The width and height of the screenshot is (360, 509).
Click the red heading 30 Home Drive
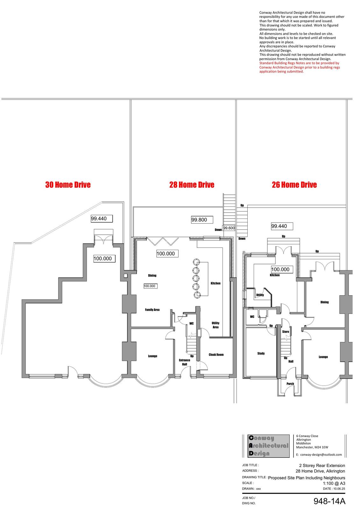pyautogui.click(x=68, y=185)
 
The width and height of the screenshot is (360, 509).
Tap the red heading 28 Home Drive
pyautogui.click(x=192, y=185)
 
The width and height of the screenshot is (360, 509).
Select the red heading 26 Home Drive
pyautogui.click(x=294, y=185)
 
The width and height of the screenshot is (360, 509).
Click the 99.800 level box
pyautogui.click(x=202, y=220)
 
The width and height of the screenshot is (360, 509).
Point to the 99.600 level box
pyautogui.click(x=229, y=228)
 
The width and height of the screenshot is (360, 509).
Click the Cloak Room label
pyautogui.click(x=216, y=354)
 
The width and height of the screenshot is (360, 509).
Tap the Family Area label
pyautogui.click(x=152, y=310)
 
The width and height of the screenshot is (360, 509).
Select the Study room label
pyautogui.click(x=261, y=353)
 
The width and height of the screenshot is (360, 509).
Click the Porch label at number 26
pyautogui.click(x=290, y=384)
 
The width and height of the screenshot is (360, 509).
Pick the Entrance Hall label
pyautogui.click(x=184, y=362)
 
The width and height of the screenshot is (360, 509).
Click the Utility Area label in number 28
pyautogui.click(x=215, y=325)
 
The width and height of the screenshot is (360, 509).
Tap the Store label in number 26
pyautogui.click(x=286, y=332)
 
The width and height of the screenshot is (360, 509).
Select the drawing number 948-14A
pyautogui.click(x=329, y=501)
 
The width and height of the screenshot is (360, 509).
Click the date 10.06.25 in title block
pyautogui.click(x=334, y=489)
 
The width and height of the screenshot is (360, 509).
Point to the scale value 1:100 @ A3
pyautogui.click(x=334, y=483)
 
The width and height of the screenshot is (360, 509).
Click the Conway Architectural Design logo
pyautogui.click(x=269, y=446)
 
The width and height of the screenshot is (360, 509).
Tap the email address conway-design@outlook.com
pyautogui.click(x=319, y=455)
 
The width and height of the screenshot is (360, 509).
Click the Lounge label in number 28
pyautogui.click(x=152, y=356)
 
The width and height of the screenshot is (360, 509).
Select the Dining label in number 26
pyautogui.click(x=324, y=302)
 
